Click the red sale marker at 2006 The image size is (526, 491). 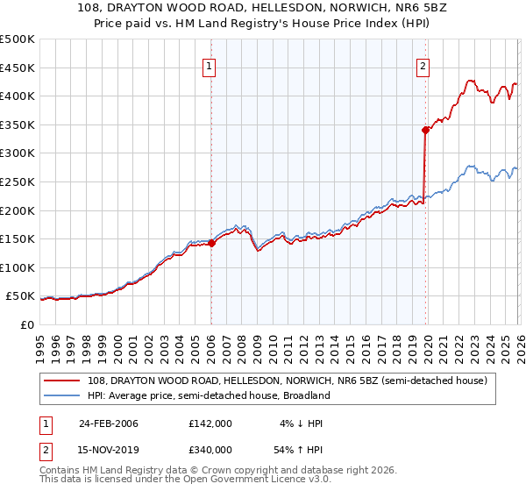211,244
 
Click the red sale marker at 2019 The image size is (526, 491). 425,130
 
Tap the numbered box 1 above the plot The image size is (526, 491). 210,67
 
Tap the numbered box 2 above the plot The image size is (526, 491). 423,67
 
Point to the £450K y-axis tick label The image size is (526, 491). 18,68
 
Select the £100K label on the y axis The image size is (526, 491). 18,267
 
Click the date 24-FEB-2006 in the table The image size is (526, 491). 109,423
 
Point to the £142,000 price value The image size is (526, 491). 210,423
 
